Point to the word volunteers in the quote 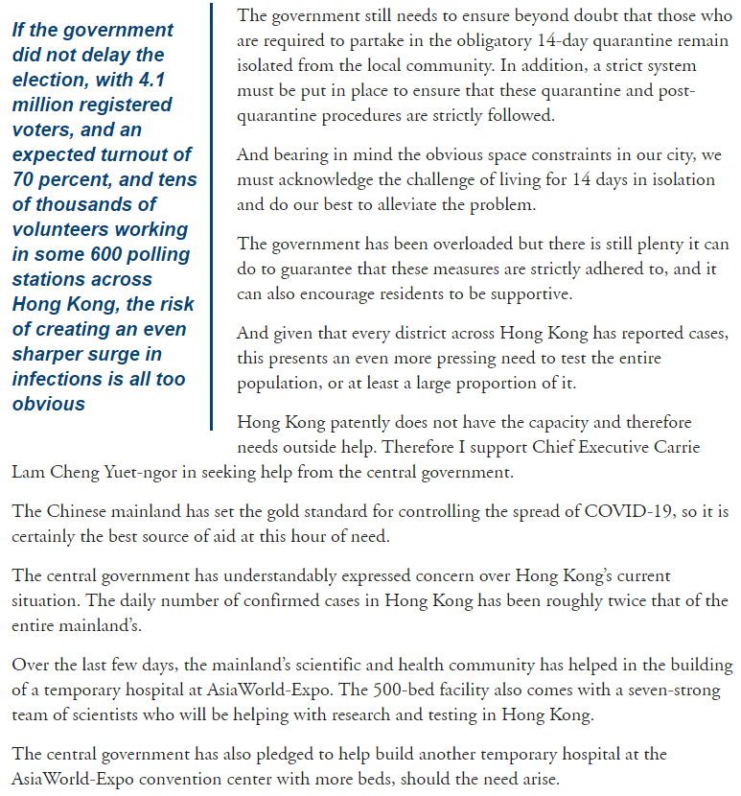pos(61,229)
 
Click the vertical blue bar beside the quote pos(211,216)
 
